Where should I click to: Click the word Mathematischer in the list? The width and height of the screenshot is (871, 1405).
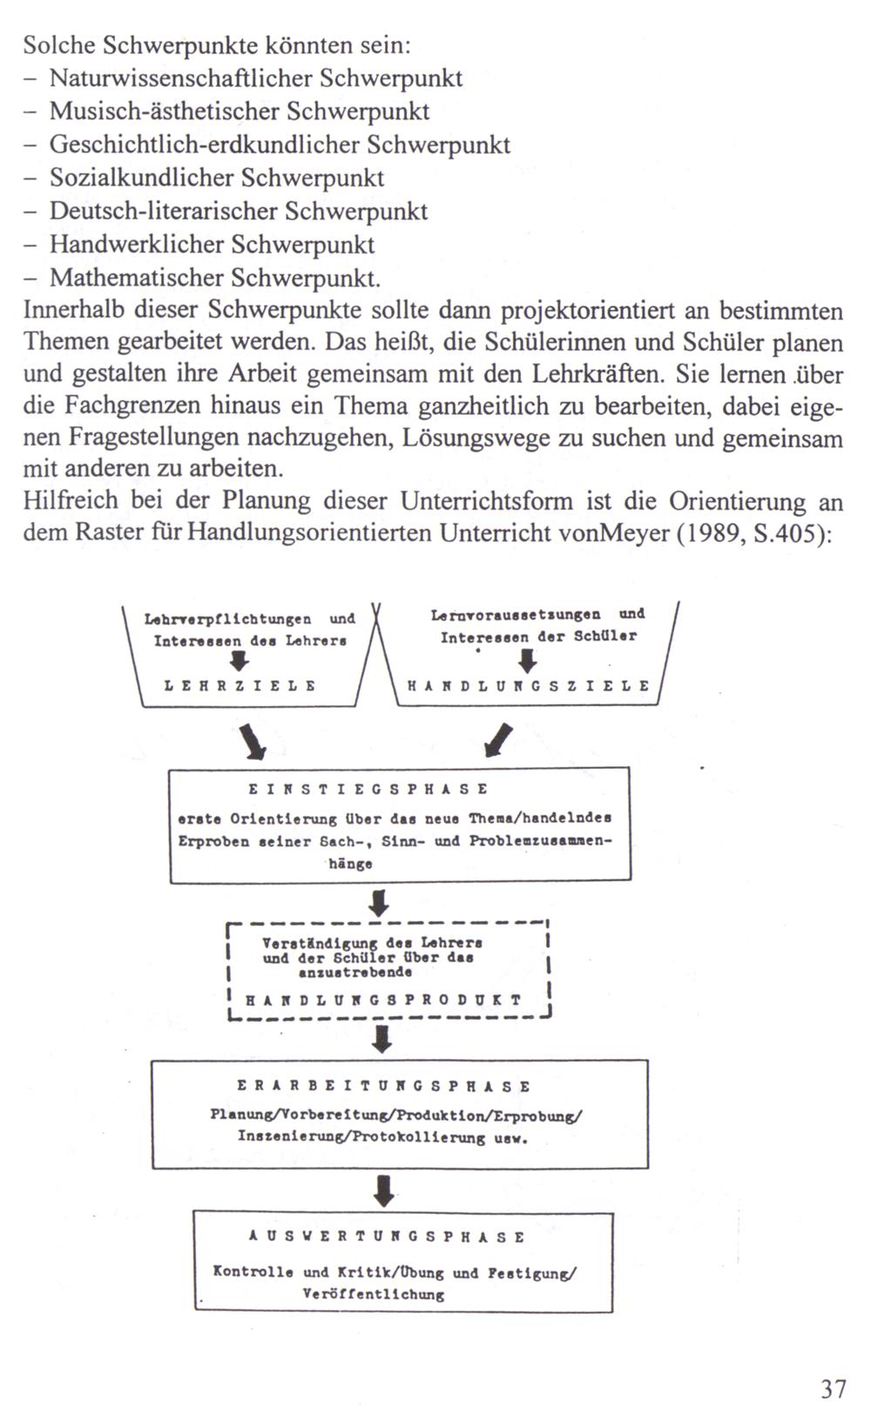137,277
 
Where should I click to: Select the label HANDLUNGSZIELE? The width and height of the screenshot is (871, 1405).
529,686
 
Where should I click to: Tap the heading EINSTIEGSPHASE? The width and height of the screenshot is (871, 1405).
368,790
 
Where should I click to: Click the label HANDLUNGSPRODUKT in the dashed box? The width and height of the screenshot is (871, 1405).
383,1000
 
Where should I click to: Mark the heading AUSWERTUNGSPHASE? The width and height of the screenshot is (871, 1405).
387,1237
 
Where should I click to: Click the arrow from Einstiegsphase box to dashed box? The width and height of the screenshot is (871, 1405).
380,902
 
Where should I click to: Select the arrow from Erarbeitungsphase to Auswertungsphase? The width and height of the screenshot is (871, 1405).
384,1189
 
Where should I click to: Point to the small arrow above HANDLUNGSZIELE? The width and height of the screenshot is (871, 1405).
522,662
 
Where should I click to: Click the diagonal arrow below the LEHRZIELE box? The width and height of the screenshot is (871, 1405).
253,740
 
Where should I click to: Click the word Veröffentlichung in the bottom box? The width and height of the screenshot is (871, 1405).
373,1294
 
